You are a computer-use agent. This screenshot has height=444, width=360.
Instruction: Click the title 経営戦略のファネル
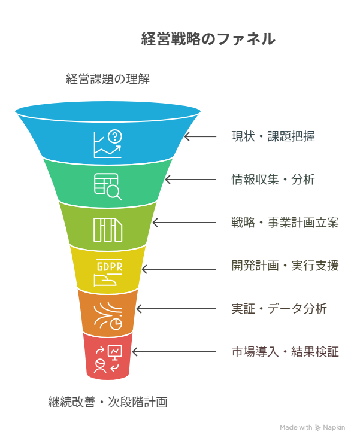[x=208, y=39]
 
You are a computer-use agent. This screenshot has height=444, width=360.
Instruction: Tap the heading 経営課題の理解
[x=108, y=79]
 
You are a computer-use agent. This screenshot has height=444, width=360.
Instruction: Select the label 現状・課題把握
[x=273, y=136]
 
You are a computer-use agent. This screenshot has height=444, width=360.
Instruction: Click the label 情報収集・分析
[x=273, y=180]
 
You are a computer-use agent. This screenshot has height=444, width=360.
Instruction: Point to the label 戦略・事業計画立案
[x=285, y=223]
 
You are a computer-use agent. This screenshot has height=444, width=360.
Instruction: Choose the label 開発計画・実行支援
[x=285, y=266]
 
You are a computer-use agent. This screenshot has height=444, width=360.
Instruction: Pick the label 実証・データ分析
[x=279, y=309]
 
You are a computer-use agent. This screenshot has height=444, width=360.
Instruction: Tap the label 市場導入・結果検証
[x=285, y=352]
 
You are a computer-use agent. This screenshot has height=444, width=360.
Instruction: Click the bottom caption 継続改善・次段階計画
[x=108, y=402]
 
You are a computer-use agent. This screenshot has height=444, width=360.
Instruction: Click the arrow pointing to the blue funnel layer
[x=200, y=136]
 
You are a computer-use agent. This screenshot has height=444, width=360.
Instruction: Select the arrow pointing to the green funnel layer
[x=190, y=180]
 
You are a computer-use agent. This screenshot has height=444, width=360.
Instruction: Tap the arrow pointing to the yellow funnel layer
[x=179, y=269]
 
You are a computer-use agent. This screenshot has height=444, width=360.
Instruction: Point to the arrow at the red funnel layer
[x=174, y=352]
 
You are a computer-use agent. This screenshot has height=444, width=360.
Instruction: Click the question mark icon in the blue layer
[x=115, y=137]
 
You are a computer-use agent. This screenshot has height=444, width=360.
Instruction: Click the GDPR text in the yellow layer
[x=110, y=267]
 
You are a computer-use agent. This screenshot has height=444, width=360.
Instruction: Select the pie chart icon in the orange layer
[x=116, y=324]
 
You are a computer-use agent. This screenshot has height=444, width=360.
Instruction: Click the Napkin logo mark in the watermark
[x=317, y=428]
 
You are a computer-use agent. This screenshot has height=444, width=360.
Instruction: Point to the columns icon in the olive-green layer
[x=108, y=230]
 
